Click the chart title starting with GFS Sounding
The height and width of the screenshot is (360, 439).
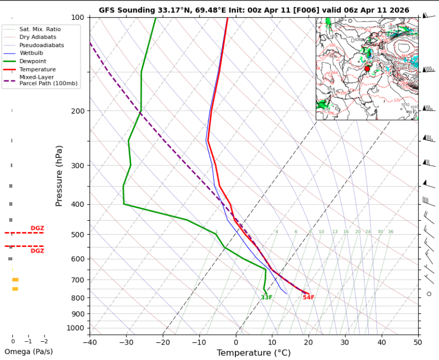click(x=254, y=10)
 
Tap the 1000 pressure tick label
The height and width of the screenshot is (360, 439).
click(x=76, y=328)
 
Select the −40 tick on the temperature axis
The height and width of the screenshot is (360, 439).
click(x=90, y=342)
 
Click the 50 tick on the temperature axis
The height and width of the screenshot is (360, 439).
click(x=418, y=342)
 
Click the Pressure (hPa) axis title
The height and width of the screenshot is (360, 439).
click(x=59, y=175)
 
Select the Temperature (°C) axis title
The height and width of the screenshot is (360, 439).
click(x=254, y=352)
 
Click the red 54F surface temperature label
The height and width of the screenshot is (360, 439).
click(x=308, y=297)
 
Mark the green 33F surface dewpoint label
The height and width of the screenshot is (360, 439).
click(x=266, y=297)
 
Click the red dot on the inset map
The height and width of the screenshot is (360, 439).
click(x=367, y=69)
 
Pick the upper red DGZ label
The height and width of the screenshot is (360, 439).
click(x=37, y=228)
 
